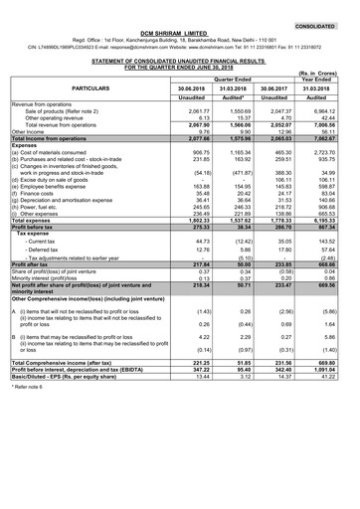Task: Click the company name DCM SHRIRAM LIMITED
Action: tap(180, 30)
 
